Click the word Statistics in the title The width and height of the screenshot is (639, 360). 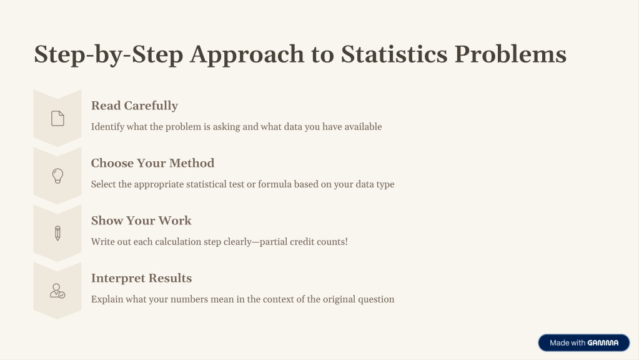click(x=394, y=54)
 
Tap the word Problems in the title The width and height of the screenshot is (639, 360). click(x=510, y=54)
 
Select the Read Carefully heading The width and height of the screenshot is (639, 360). click(x=134, y=106)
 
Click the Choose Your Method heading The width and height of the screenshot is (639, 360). click(x=152, y=163)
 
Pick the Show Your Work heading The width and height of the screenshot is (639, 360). click(x=141, y=221)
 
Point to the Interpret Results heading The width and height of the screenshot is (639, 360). click(x=141, y=278)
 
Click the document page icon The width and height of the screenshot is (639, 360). click(x=57, y=118)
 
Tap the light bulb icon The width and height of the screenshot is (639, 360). click(x=57, y=176)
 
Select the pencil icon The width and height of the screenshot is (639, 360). click(x=57, y=234)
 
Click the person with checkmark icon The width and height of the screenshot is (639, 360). click(x=57, y=291)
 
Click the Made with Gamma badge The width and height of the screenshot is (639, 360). click(x=583, y=343)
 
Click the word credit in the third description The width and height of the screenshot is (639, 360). click(x=302, y=242)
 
